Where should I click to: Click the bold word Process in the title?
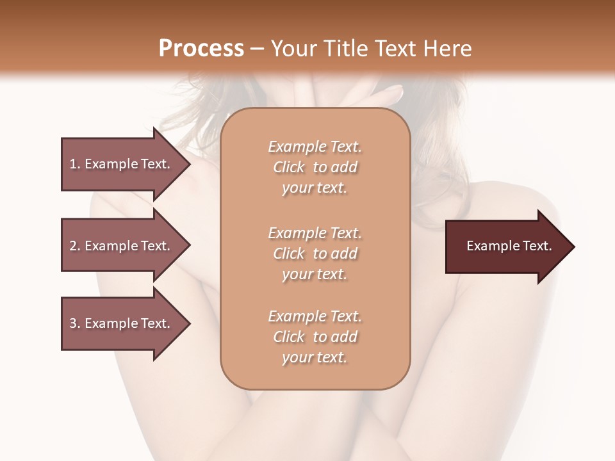click(201, 49)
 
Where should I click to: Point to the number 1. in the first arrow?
click(75, 164)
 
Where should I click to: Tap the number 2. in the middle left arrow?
click(75, 246)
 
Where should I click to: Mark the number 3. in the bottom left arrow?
click(75, 323)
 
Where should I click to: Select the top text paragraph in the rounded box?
click(315, 167)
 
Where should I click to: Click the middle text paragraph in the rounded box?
click(315, 254)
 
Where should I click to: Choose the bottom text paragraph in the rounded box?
click(315, 337)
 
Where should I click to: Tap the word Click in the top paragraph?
click(289, 167)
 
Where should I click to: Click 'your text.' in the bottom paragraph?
click(315, 357)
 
